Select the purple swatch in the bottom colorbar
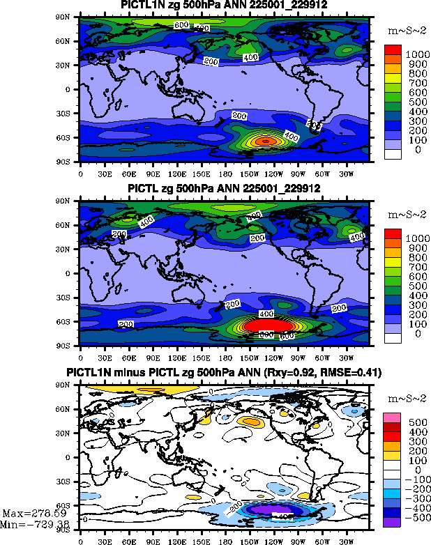point(393,520)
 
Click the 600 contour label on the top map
point(181,25)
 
